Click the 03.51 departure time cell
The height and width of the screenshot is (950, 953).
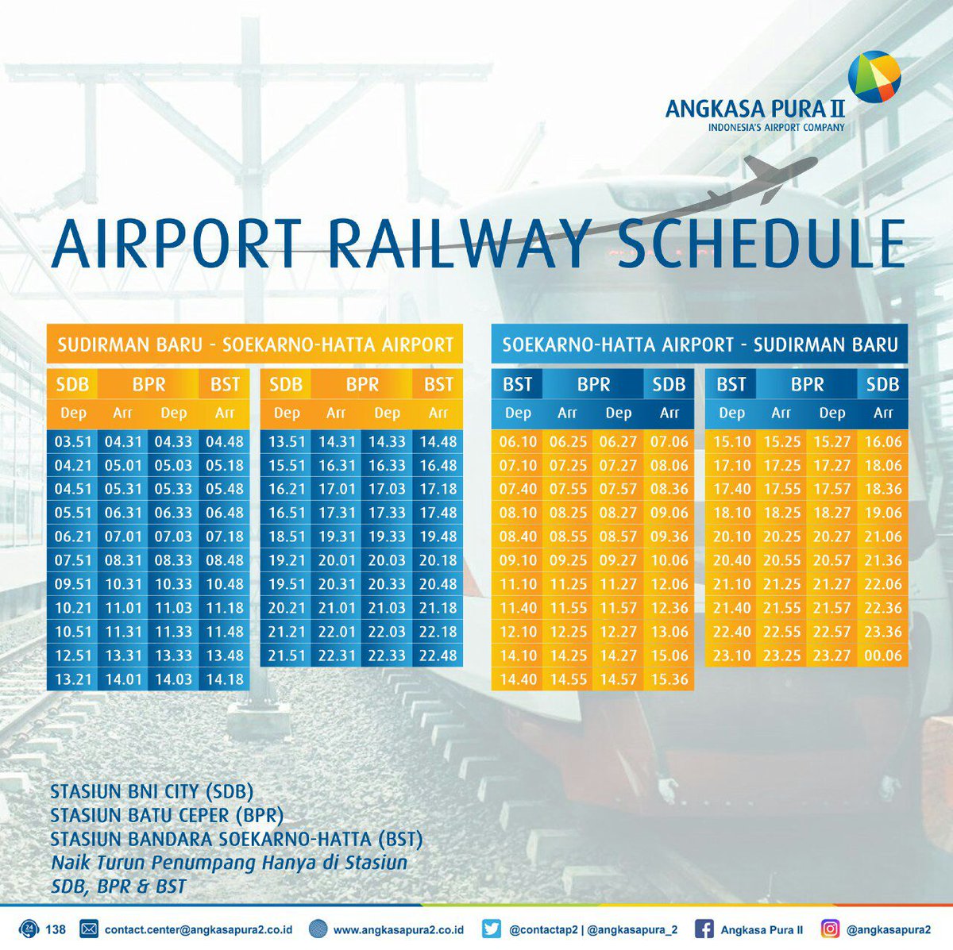tap(73, 442)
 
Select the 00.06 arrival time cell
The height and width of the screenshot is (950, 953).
tap(882, 656)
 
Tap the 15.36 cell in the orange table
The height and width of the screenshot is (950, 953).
tap(669, 679)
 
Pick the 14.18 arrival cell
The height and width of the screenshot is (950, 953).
tap(225, 679)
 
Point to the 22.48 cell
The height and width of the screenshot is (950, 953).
tap(438, 656)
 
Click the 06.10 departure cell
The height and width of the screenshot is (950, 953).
tap(518, 442)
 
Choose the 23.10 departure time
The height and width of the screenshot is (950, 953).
tap(731, 656)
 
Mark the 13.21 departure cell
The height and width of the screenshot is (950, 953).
tap(73, 679)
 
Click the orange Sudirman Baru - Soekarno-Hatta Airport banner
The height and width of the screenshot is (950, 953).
tap(255, 344)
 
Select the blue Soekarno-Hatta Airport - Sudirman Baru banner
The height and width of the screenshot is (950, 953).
tap(700, 344)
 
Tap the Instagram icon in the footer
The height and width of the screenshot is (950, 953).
tap(830, 929)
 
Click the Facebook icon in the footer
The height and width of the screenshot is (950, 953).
tap(704, 929)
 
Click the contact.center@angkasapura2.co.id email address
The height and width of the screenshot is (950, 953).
tap(199, 929)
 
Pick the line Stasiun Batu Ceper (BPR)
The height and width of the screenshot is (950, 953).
tap(166, 815)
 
